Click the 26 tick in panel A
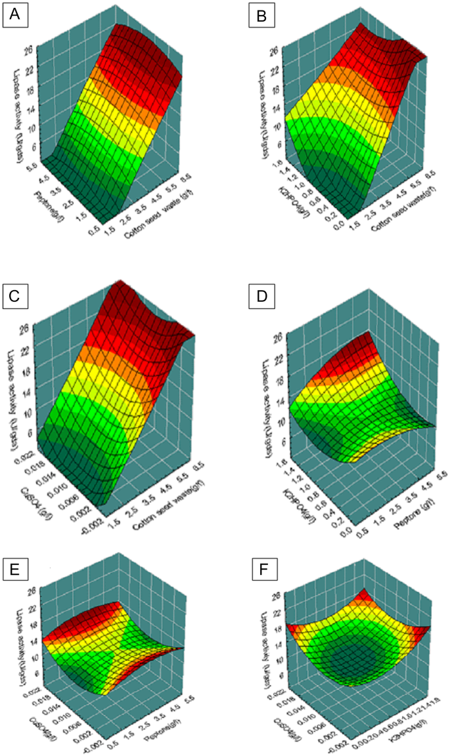pos(30,49)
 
